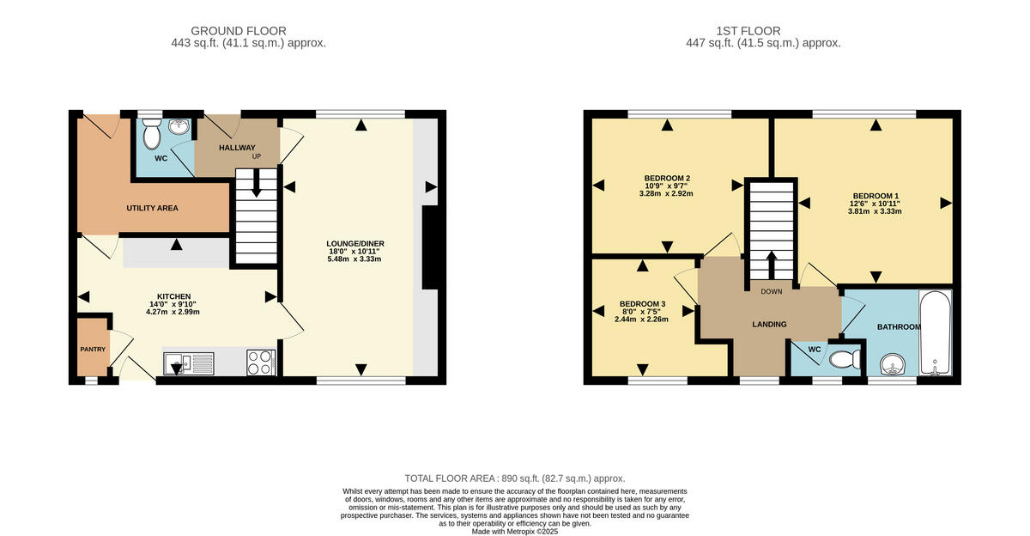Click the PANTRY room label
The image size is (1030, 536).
[93, 349]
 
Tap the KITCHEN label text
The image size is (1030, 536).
[173, 296]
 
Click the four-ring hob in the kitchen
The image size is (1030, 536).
[260, 362]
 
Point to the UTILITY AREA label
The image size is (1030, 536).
[152, 208]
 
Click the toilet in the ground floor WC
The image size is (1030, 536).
[152, 135]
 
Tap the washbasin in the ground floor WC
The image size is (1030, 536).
[179, 128]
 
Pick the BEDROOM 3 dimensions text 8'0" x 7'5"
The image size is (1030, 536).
[641, 311]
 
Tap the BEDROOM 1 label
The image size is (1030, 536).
[875, 195]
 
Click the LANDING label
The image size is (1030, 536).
[769, 324]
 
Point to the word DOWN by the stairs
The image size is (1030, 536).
[771, 291]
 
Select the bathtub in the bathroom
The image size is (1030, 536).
[934, 335]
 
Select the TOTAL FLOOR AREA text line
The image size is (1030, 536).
[515, 478]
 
